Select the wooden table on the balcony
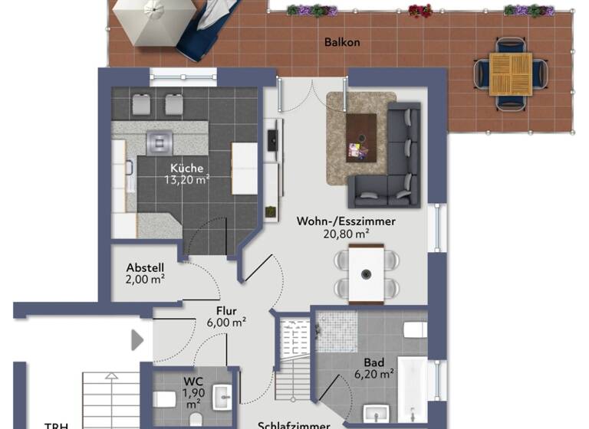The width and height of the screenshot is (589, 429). coord(510,74)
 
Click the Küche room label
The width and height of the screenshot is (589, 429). coord(186,168)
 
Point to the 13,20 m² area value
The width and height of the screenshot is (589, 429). coord(186,181)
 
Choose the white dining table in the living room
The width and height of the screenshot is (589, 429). coord(367,273)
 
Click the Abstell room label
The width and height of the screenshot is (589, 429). coord(145,267)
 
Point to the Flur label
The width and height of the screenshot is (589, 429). coord(226,310)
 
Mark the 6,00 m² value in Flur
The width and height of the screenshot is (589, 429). coord(226,323)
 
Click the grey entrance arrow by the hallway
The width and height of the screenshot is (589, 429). coord(137,339)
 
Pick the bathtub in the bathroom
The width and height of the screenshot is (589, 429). coord(412,387)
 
